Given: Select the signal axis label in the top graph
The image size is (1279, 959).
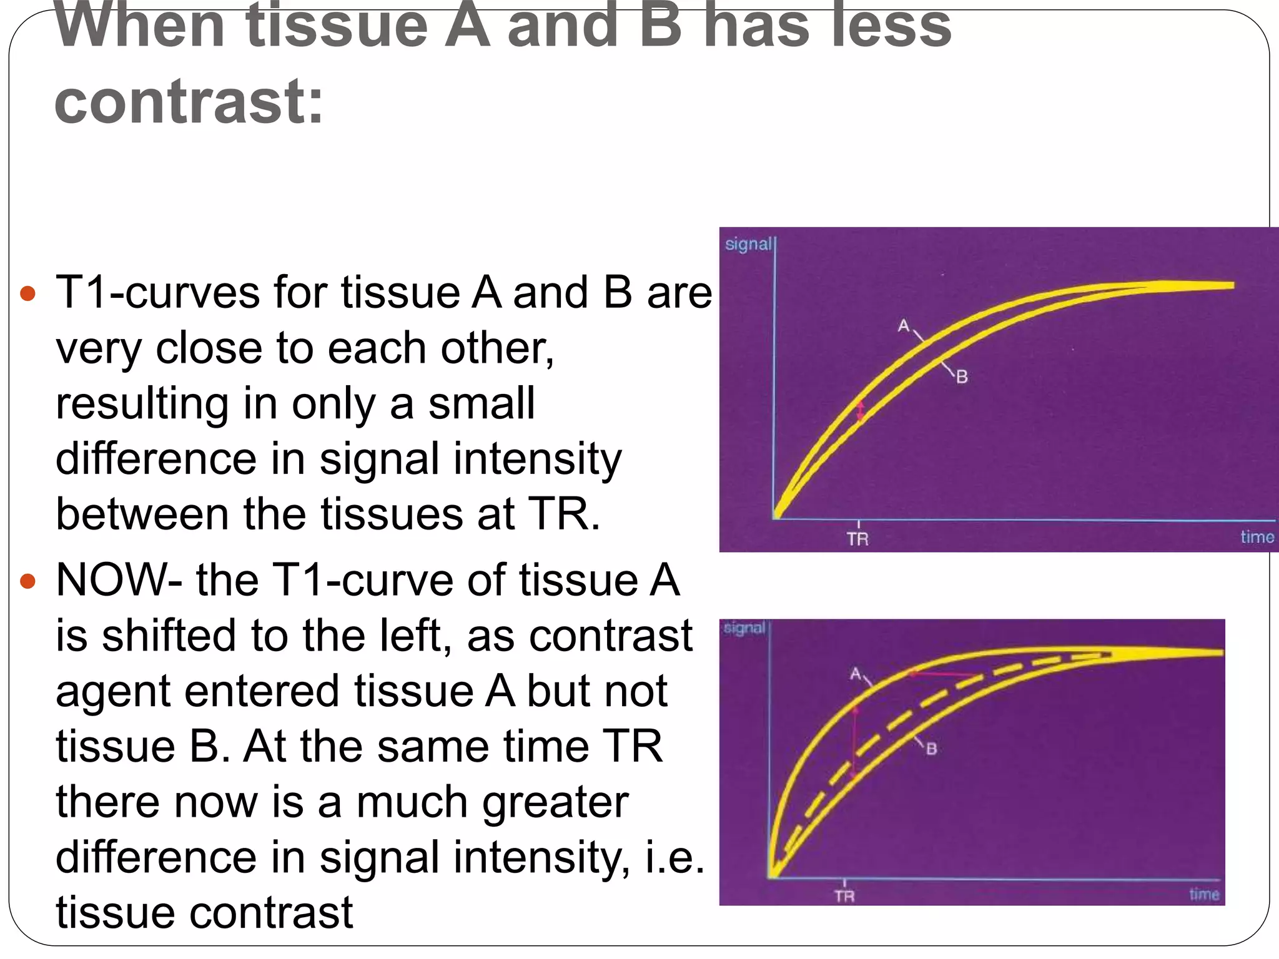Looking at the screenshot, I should [748, 244].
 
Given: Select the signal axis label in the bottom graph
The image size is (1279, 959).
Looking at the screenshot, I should [743, 628].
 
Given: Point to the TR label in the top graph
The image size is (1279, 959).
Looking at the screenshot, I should [857, 539].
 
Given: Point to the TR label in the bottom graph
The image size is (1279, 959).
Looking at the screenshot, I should [844, 897].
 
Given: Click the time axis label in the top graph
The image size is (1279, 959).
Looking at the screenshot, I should [1257, 537].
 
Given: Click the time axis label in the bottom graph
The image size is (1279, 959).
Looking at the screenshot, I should [1204, 895].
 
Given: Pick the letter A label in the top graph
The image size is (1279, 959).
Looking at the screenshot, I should [904, 326].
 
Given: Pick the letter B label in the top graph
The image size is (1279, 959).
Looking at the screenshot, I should [962, 377].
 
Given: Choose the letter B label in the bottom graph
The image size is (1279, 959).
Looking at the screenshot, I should [931, 749].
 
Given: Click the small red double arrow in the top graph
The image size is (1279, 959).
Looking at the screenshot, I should [861, 412].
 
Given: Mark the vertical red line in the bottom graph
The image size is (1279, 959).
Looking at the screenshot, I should [854, 743].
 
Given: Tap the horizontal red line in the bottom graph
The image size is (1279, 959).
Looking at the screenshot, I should [943, 674].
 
